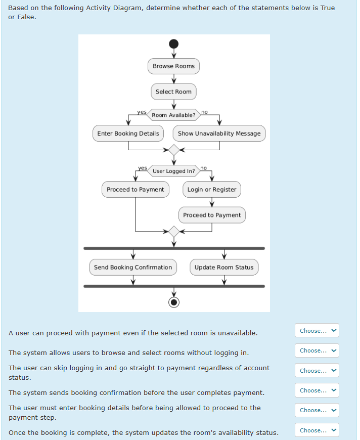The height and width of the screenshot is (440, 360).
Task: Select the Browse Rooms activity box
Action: pyautogui.click(x=173, y=66)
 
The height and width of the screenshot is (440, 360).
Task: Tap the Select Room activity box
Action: pyautogui.click(x=173, y=92)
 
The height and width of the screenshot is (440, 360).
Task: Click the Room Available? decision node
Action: pyautogui.click(x=173, y=115)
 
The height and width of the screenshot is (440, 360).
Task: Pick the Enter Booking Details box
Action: pyautogui.click(x=128, y=134)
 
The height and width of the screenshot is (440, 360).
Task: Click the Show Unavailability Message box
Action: pyautogui.click(x=219, y=134)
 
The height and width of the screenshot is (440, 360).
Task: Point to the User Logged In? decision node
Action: pyautogui.click(x=173, y=171)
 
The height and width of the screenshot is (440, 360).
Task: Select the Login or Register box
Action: pyautogui.click(x=211, y=190)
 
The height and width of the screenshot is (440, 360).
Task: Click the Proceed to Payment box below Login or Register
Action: pyautogui.click(x=212, y=215)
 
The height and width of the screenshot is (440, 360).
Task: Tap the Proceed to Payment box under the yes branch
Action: pyautogui.click(x=136, y=190)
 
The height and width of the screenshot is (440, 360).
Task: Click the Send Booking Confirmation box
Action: pyautogui.click(x=133, y=268)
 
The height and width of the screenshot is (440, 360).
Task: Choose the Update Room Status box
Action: pyautogui.click(x=224, y=268)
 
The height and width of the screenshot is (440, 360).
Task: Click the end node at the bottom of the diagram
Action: pyautogui.click(x=174, y=302)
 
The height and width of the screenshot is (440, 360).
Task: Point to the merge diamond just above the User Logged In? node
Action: pyautogui.click(x=174, y=150)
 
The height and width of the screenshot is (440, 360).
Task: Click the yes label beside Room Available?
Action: pyautogui.click(x=142, y=112)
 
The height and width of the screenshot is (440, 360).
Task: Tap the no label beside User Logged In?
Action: pyautogui.click(x=203, y=167)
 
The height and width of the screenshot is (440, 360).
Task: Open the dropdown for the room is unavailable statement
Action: pyautogui.click(x=318, y=331)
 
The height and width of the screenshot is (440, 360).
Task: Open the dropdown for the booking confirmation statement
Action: pyautogui.click(x=318, y=390)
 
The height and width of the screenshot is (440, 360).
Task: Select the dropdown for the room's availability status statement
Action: pyautogui.click(x=318, y=430)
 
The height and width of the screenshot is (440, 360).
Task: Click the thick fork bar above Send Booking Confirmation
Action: pyautogui.click(x=174, y=248)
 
